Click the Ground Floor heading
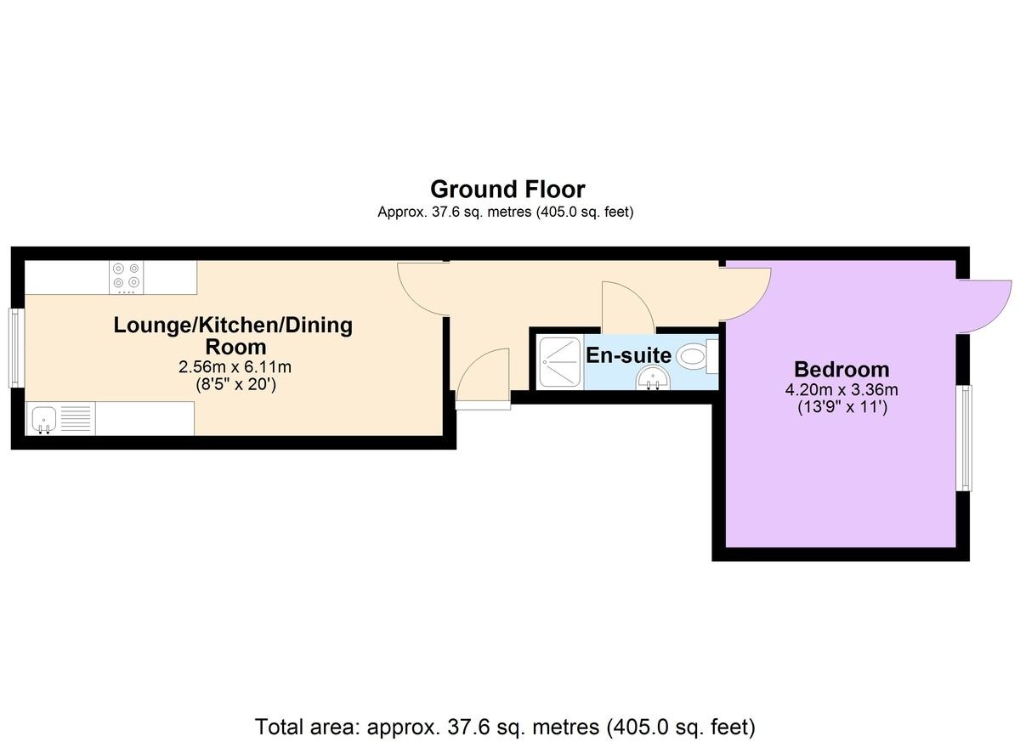tap(507, 190)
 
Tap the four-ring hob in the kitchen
tap(126, 277)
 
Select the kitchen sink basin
tap(44, 419)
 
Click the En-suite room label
tap(628, 355)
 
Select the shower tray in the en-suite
tap(559, 362)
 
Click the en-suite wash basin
tap(654, 379)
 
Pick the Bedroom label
tap(841, 370)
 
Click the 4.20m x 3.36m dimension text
tap(841, 389)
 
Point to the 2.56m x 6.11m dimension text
tap(235, 367)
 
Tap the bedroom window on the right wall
tap(964, 438)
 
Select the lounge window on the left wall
tap(17, 348)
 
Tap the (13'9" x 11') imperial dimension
tap(842, 406)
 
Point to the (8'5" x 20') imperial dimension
tap(236, 385)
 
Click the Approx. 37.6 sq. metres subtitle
tap(506, 212)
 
